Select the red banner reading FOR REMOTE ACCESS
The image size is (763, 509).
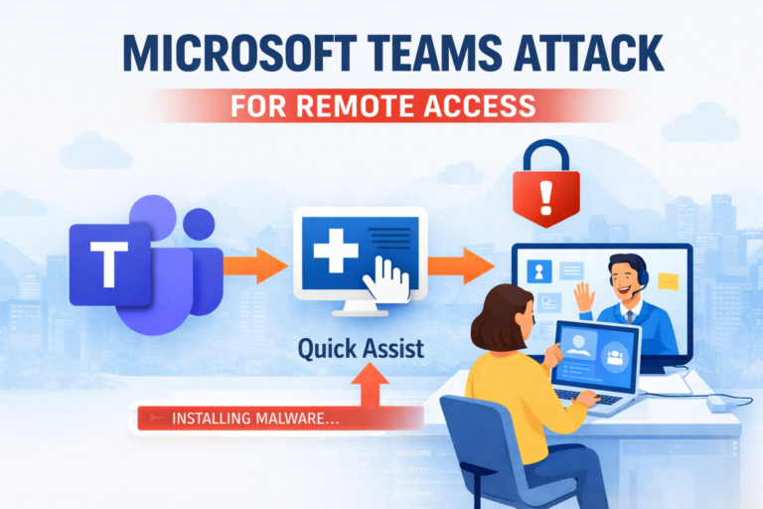click(381, 103)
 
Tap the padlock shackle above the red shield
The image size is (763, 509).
click(545, 154)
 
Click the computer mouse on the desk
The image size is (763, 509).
click(717, 403)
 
